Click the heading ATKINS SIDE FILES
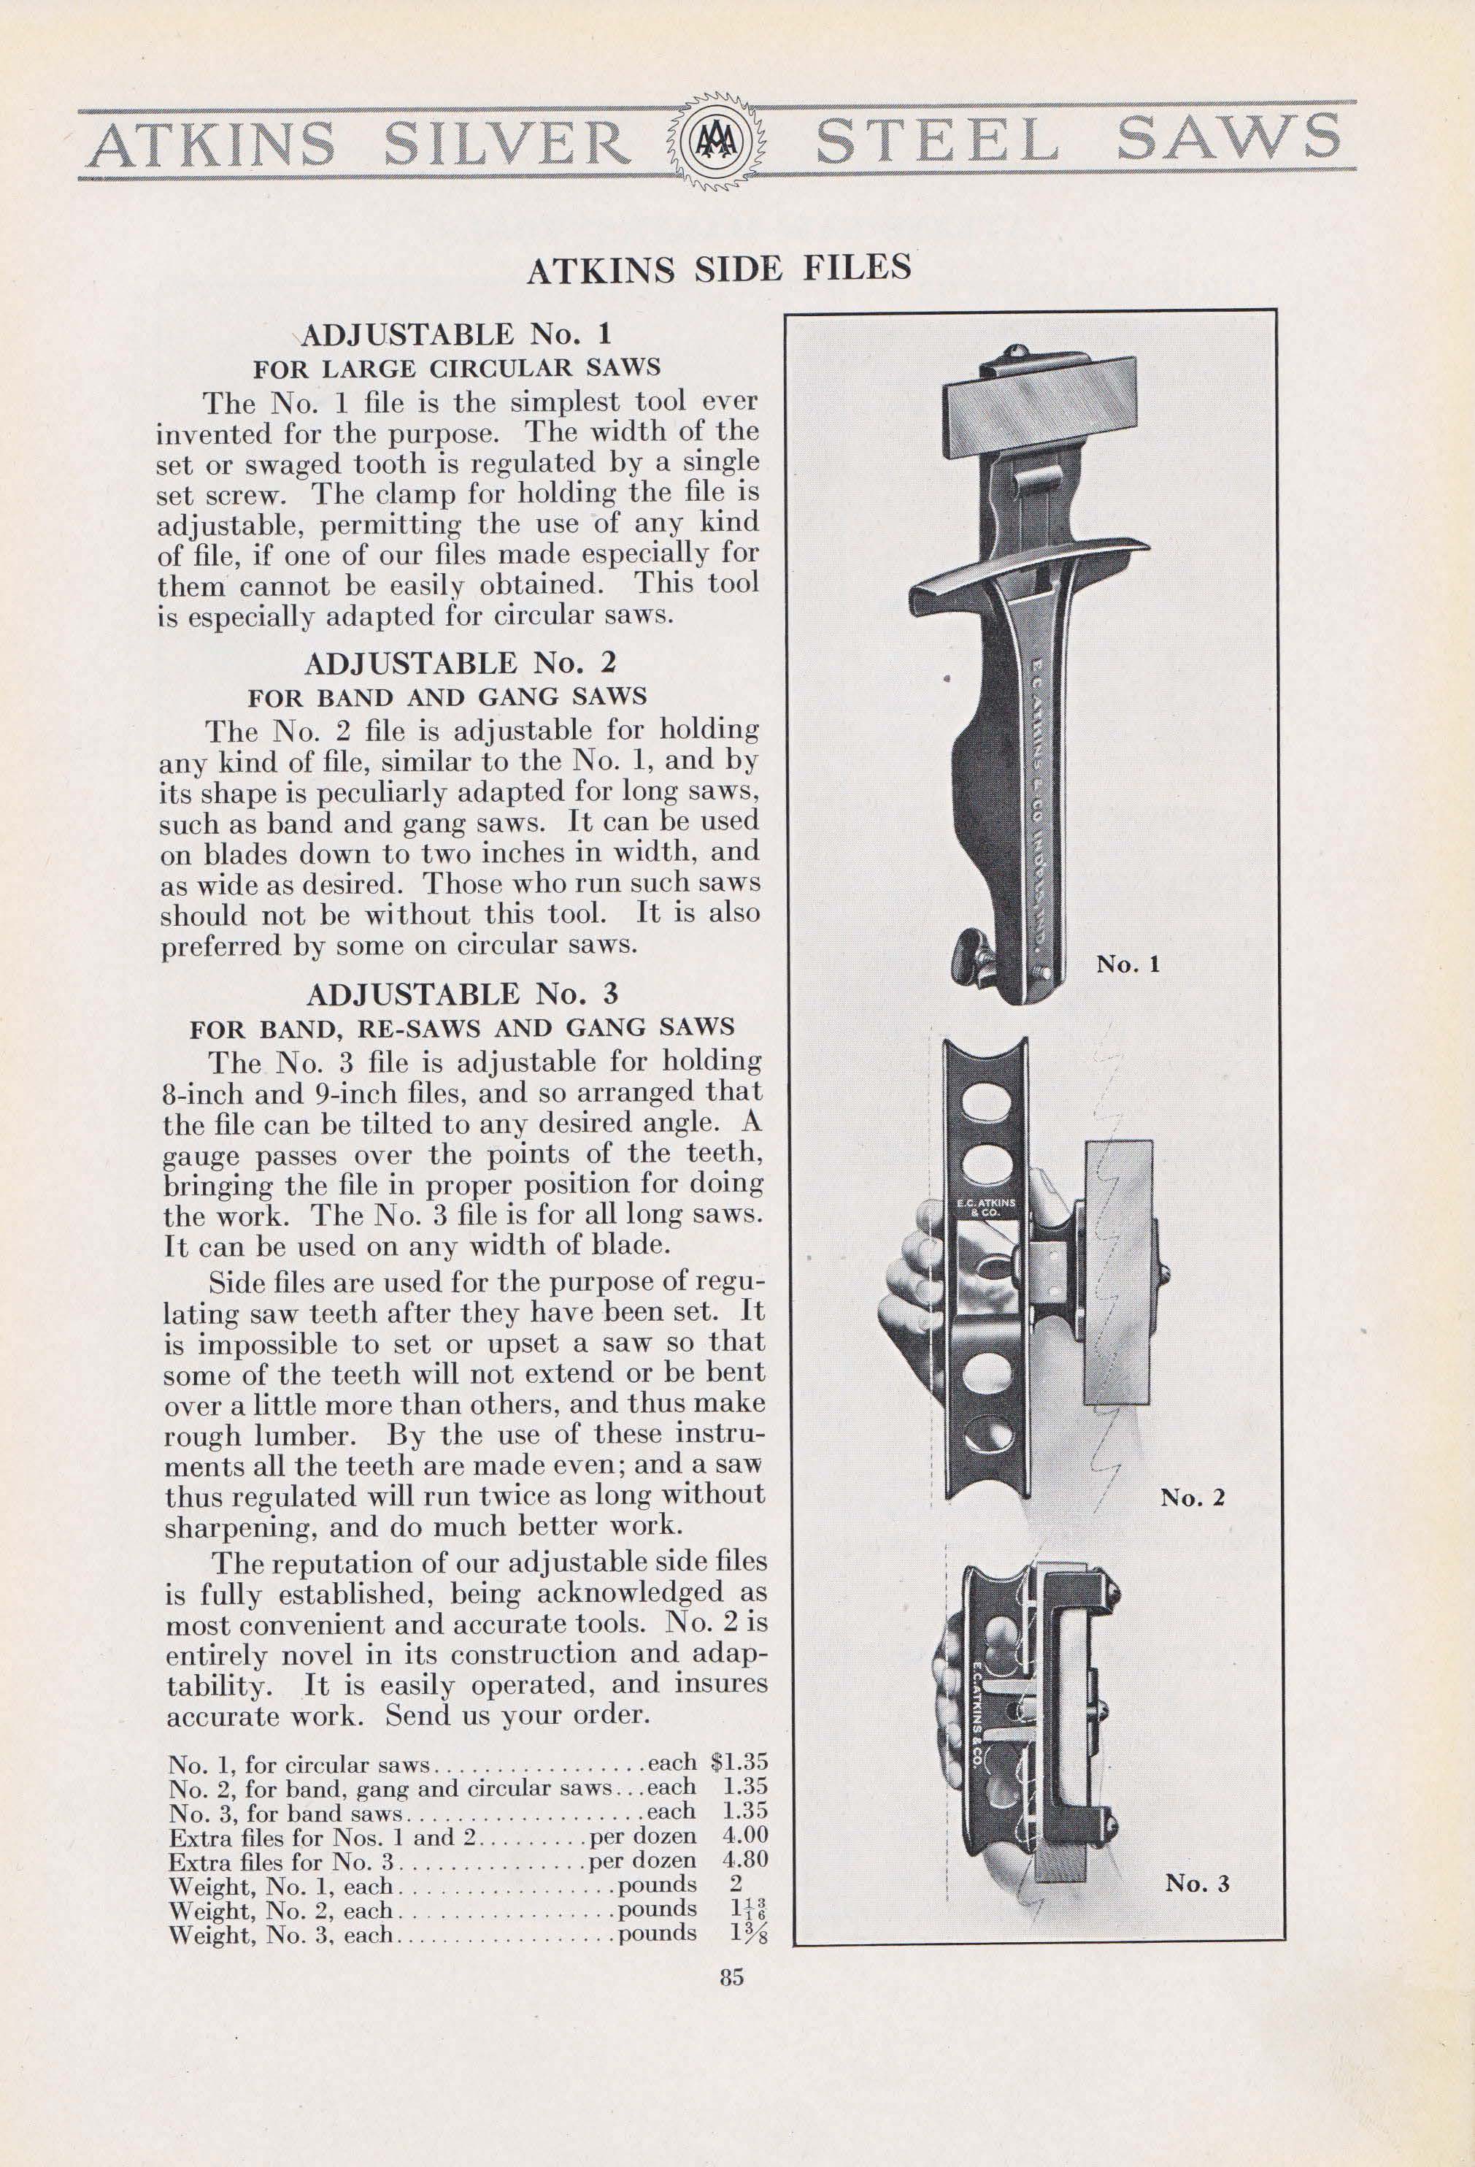718,269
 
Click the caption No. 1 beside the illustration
1127,964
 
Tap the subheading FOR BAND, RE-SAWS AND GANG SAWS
461,1027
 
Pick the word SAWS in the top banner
1226,140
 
